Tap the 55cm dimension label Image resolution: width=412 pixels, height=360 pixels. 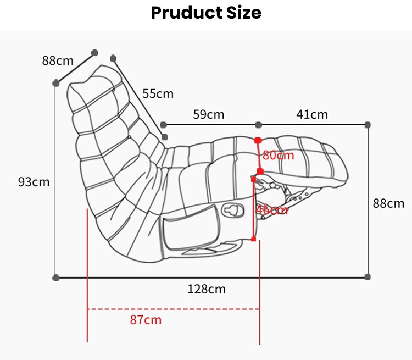coord(158,93)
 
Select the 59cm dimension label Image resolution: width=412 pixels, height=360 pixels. coord(209,114)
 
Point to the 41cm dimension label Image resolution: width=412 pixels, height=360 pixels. coord(312,114)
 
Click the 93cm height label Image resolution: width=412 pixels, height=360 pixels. coord(34,182)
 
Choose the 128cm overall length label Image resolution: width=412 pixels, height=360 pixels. coord(207,289)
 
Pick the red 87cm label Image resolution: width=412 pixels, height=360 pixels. coord(146,320)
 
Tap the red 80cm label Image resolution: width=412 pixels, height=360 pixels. coord(279,155)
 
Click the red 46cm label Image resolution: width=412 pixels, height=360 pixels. coord(272,210)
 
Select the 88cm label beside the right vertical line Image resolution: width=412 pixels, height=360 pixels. coord(388,203)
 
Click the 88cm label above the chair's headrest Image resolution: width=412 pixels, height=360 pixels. coord(58,61)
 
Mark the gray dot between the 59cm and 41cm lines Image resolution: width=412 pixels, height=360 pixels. coord(259,125)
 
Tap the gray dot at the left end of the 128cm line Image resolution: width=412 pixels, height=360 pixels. coord(55,278)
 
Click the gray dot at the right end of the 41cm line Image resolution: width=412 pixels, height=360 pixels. coord(368,125)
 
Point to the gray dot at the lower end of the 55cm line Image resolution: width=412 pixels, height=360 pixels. coord(165,137)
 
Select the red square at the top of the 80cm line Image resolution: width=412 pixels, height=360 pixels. coord(258,140)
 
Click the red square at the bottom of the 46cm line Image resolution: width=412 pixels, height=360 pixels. coord(254,239)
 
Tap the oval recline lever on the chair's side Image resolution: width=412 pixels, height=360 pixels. coord(233,210)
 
